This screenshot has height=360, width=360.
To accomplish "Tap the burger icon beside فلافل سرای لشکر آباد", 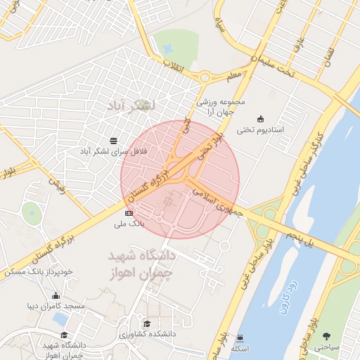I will tap(114, 141).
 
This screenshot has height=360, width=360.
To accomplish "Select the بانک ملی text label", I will tap(129, 225).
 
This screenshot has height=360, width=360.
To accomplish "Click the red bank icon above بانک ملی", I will tap(129, 212).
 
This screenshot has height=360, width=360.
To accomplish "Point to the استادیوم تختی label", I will tap(261, 129).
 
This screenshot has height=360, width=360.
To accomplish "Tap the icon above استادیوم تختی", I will tap(261, 117).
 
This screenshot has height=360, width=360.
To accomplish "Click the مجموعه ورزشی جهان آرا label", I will tap(224, 106).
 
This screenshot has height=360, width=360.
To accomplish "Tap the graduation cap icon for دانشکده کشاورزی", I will tap(147, 323).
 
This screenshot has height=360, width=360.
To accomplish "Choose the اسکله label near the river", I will tap(241, 349).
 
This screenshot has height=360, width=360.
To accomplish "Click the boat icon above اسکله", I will tap(241, 337).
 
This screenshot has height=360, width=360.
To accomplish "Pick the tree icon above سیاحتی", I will tap(327, 335).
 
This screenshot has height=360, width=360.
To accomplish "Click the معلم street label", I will tap(234, 72).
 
